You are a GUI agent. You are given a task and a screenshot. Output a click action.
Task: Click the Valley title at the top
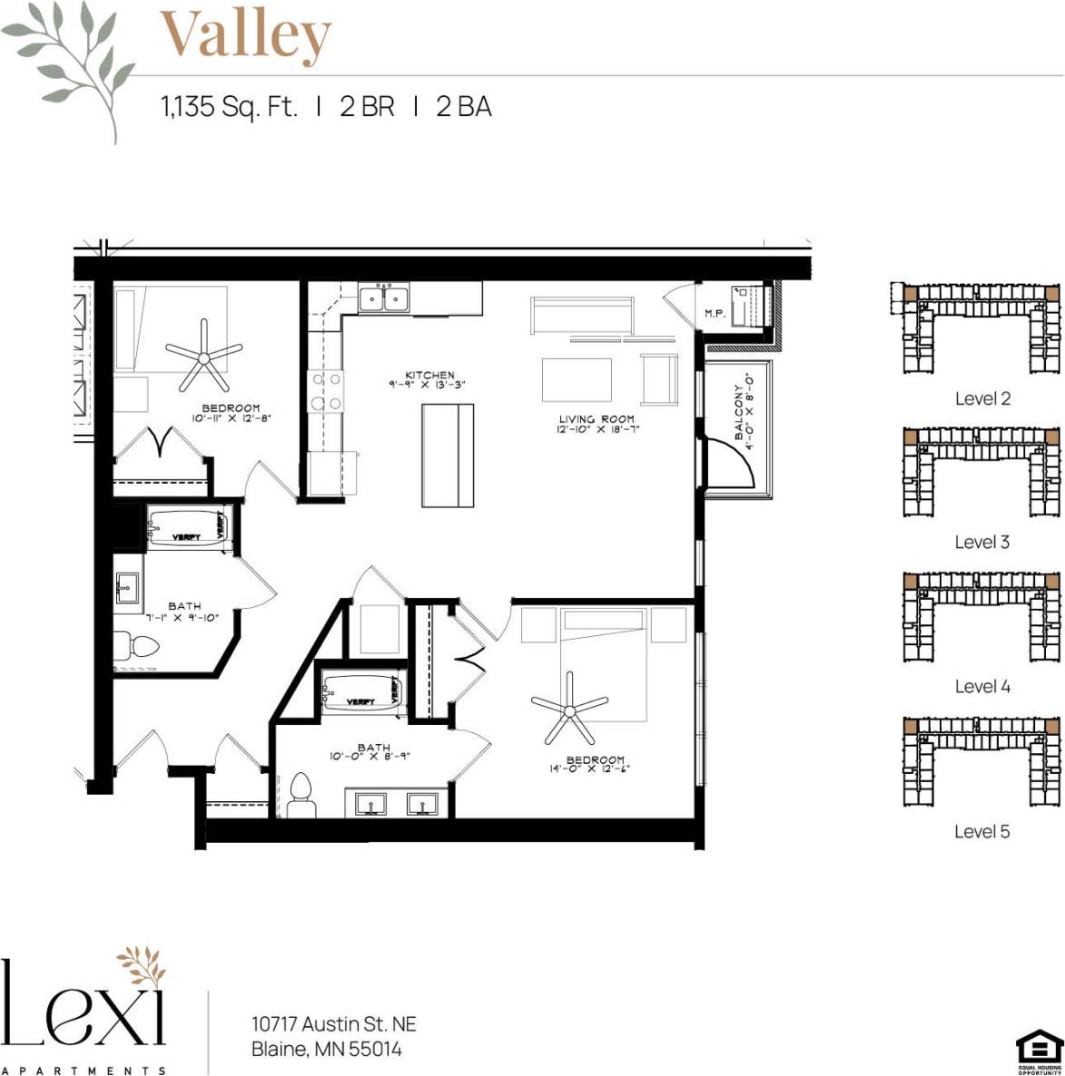[x=245, y=34]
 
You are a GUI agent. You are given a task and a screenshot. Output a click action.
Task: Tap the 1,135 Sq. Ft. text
[x=229, y=107]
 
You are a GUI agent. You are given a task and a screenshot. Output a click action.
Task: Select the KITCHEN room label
[x=429, y=375]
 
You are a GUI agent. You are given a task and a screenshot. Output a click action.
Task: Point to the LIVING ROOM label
[x=597, y=419]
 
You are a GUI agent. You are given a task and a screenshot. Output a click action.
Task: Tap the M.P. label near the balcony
[x=715, y=314]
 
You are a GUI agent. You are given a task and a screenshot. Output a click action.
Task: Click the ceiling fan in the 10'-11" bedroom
[x=203, y=355]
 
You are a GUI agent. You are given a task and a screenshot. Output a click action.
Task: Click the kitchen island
[x=448, y=455]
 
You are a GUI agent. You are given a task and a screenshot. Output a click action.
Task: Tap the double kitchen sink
[x=384, y=298]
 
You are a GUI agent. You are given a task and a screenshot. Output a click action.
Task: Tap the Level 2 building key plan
[x=981, y=328]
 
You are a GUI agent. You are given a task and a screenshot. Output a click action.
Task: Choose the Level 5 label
[x=981, y=831]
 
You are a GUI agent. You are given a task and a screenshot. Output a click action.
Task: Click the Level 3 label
[x=981, y=542]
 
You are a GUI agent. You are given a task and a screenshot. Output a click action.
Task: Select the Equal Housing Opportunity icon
[x=1039, y=1052]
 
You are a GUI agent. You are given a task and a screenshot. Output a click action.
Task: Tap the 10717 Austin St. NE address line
[x=333, y=1024]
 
